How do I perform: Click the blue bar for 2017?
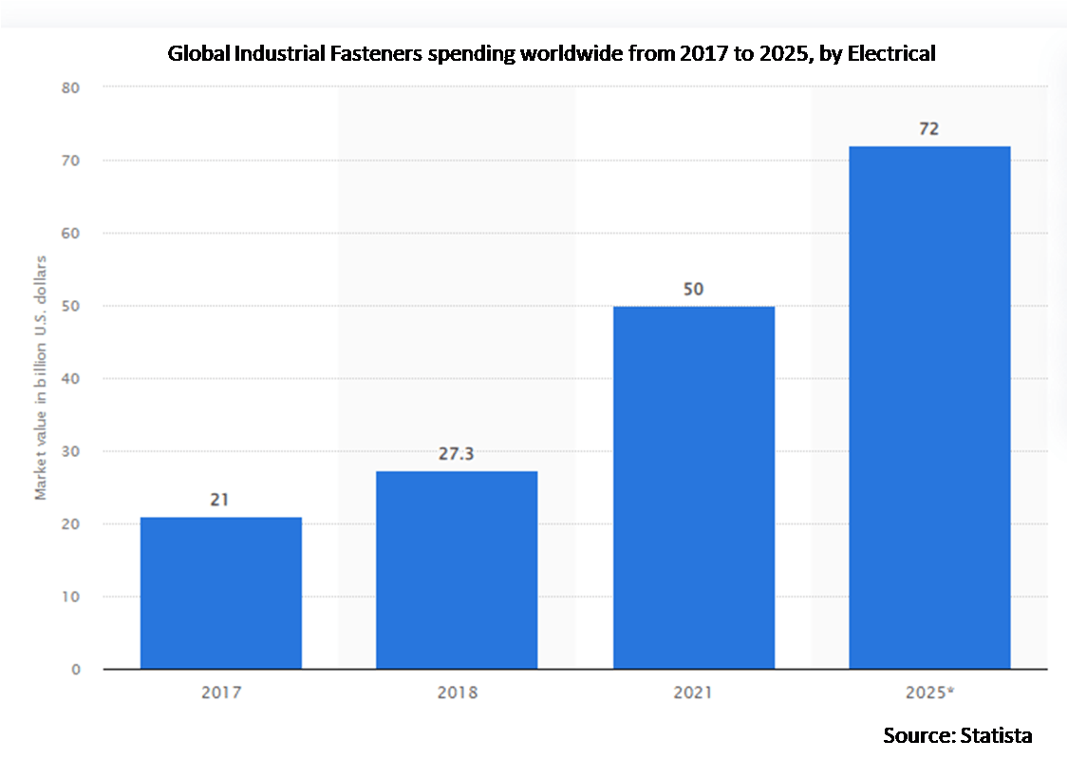221,593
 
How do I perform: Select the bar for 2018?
457,570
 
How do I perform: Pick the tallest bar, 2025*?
929,408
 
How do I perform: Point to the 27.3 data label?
457,454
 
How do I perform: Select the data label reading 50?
694,289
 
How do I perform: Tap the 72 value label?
929,128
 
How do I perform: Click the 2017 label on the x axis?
221,693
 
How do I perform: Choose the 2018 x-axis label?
457,693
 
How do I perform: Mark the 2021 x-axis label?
694,693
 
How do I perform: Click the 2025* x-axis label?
929,693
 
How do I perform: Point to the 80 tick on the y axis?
71,87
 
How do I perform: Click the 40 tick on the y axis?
71,378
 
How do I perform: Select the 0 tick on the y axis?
75,669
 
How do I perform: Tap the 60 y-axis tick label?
71,233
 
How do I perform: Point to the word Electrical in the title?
891,54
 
